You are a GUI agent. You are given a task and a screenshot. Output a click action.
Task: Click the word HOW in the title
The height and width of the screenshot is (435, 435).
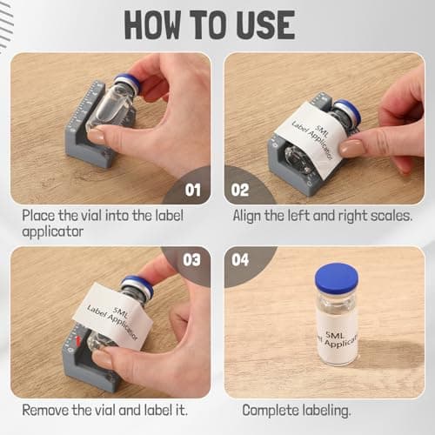(152, 24)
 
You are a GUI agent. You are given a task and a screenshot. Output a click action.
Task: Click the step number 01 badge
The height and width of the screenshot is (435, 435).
(193, 191)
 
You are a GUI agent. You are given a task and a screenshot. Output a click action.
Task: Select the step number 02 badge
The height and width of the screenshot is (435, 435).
(240, 191)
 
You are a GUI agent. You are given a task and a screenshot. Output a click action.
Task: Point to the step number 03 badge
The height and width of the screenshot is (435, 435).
(191, 260)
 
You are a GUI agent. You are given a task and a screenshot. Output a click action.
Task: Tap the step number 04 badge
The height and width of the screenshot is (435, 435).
(240, 260)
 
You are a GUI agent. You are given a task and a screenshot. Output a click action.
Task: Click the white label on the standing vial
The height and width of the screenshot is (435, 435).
(338, 338)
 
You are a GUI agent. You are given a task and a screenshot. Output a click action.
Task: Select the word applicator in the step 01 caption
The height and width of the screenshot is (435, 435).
(53, 231)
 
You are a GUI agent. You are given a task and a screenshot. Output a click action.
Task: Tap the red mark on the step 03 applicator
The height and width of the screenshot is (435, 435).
(77, 341)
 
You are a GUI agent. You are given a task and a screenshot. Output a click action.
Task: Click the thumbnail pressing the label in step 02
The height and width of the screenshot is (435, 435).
(351, 148)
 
